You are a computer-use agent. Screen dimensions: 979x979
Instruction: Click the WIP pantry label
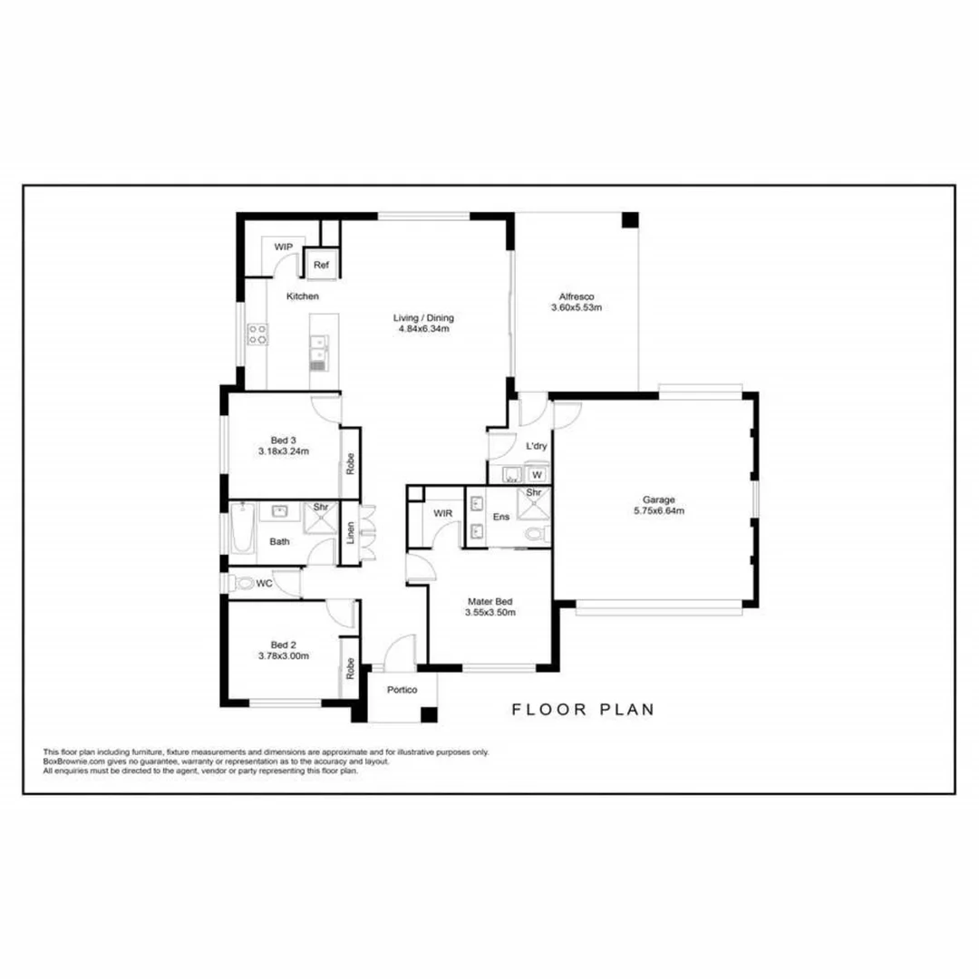coord(283,247)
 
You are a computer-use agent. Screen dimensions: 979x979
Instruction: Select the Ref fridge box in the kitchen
coord(321,265)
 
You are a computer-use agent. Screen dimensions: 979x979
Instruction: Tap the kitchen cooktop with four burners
coord(257,334)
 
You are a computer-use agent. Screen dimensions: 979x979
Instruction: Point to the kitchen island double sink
coord(318,347)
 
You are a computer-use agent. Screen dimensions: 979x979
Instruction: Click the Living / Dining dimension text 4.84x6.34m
coord(423,329)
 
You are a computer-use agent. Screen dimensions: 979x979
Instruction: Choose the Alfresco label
coord(576,296)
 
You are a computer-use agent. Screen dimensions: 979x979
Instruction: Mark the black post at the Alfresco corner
coord(629,220)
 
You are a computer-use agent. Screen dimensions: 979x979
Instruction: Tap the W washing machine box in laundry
coord(537,474)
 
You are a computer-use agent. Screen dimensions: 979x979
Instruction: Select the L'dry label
coord(537,446)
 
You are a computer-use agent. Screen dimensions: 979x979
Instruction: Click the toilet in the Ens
coord(538,535)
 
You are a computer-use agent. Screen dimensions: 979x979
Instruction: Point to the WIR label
coord(442,513)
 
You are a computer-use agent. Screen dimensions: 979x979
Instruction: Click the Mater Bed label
coord(490,600)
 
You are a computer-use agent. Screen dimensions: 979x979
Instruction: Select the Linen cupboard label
coord(350,534)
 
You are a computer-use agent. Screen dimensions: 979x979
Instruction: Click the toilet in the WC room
coord(242,584)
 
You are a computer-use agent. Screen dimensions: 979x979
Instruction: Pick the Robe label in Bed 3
coord(350,462)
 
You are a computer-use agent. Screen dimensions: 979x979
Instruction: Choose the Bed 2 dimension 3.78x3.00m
coord(283,655)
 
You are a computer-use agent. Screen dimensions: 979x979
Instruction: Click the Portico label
coord(402,691)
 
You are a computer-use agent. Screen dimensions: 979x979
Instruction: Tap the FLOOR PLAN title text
coord(583,710)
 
